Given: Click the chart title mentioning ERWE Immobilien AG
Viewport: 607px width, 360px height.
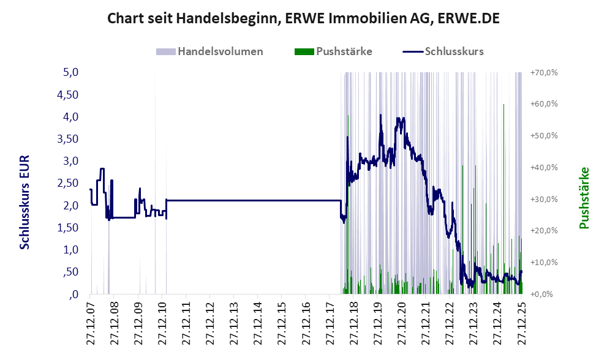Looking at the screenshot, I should [x=303, y=18].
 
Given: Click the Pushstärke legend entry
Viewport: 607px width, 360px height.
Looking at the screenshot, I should [x=344, y=51].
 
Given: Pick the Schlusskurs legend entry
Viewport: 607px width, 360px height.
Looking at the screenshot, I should [x=454, y=51].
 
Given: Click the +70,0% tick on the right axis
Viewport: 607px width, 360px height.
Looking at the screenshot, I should [x=544, y=72].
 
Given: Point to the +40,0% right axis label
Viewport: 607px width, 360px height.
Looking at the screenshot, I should [x=544, y=167].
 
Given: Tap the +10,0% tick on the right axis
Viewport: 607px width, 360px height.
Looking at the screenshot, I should [x=544, y=262].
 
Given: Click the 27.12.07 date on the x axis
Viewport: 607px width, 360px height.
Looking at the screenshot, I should [x=89, y=321].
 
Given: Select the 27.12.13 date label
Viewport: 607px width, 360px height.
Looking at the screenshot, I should [x=233, y=321].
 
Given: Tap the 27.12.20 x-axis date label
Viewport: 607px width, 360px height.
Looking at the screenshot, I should [x=401, y=321].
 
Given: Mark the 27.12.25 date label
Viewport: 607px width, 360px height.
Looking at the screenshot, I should [x=521, y=321].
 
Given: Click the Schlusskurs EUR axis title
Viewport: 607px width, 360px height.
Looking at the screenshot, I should [x=25, y=202].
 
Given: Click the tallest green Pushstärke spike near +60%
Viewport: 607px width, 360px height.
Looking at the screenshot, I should [x=503, y=106].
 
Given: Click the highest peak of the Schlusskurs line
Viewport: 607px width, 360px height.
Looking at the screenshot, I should [x=380, y=115].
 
